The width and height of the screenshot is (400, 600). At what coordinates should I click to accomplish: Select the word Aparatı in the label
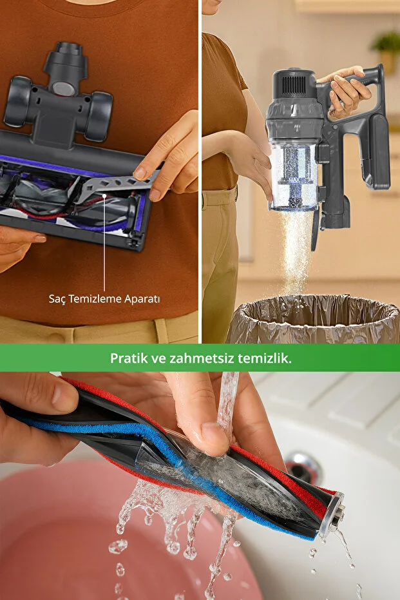click(140, 299)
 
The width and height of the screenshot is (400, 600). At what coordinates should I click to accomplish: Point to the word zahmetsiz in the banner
click(201, 358)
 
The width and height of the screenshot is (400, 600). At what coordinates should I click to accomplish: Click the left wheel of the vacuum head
click(17, 101)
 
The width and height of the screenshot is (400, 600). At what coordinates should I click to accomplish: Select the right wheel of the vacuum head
click(99, 116)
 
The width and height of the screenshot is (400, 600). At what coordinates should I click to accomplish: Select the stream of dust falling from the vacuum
click(297, 253)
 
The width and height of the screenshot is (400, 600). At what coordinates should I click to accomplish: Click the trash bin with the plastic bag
click(314, 319)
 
